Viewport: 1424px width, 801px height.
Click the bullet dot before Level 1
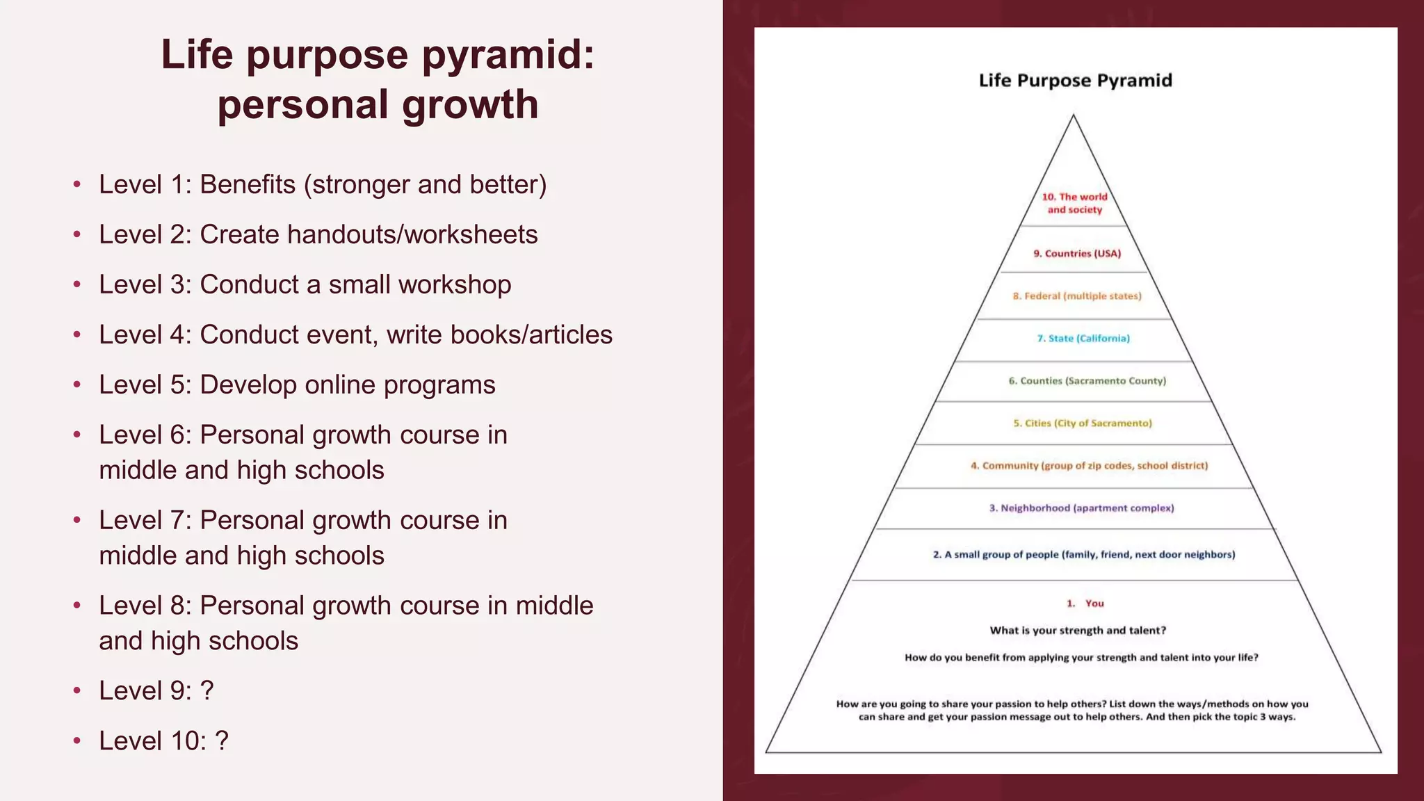click(77, 185)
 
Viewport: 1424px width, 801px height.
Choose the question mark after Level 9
click(207, 691)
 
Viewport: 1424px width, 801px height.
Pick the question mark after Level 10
click(222, 741)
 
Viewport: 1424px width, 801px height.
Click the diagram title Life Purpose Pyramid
click(1075, 81)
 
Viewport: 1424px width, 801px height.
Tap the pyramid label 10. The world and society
click(1074, 203)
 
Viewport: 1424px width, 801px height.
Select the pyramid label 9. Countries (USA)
click(1077, 254)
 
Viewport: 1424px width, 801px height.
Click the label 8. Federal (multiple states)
click(1077, 296)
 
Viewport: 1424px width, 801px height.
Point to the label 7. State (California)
click(1083, 339)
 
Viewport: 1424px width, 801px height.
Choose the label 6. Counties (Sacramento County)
click(1087, 381)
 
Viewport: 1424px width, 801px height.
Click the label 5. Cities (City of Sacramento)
click(1082, 423)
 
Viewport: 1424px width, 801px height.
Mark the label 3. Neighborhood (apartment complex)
click(1081, 508)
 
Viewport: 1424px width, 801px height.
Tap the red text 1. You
click(1085, 604)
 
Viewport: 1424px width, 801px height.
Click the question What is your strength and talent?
click(1078, 631)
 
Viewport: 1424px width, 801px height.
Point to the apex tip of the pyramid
click(1074, 116)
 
